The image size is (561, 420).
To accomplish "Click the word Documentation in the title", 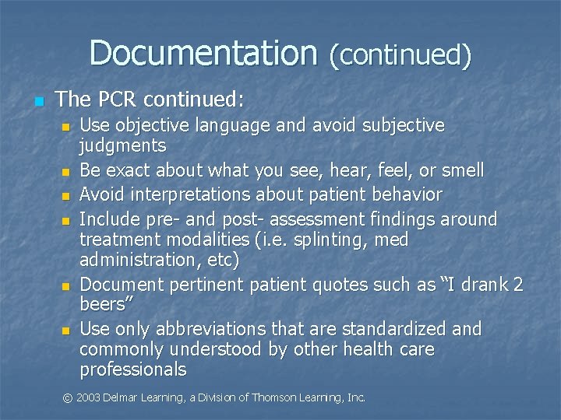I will pos(203,54).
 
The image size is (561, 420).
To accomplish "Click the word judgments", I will pos(123,145).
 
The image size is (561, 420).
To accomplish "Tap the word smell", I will pos(460,170).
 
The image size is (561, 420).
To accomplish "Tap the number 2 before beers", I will pos(518,285).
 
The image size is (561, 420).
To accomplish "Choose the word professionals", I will pos(133,369).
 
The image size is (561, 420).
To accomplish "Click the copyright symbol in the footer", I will pos(67,397).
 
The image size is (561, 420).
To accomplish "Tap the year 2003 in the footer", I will pos(88,397).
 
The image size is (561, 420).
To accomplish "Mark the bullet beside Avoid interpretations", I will pos(67,195).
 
